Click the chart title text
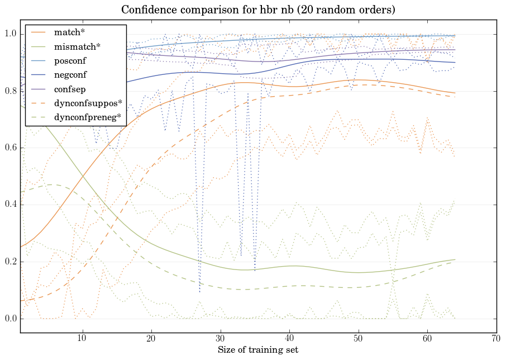click(258, 10)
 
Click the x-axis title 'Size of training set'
click(258, 350)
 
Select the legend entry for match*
click(65, 32)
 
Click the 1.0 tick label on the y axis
click(10, 35)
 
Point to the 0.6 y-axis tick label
click(10, 148)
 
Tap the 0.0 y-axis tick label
click(10, 319)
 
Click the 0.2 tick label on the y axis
click(10, 262)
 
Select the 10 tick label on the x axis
click(82, 339)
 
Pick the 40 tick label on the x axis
click(289, 339)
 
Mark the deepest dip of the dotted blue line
click(199, 292)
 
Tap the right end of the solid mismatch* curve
click(455, 259)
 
